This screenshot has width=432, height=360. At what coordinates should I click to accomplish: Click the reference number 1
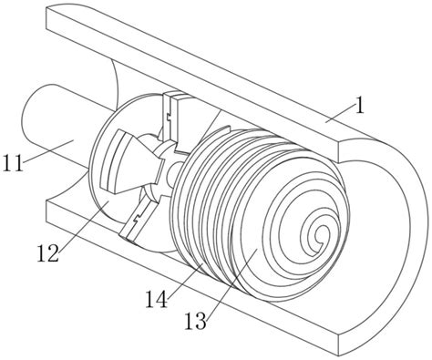360,107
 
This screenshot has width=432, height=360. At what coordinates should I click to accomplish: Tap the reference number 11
13,163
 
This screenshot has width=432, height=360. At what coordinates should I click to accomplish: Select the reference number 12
47,253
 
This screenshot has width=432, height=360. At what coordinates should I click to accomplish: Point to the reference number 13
196,322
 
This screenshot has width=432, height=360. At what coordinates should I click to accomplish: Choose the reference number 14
157,300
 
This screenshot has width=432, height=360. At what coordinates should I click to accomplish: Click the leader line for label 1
340,111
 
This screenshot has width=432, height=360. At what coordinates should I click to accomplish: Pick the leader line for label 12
83,226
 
